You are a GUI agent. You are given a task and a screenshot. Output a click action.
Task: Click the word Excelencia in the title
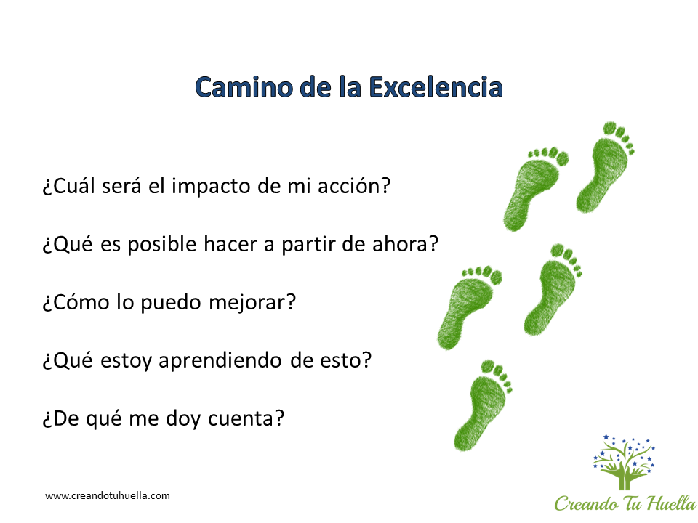click(436, 86)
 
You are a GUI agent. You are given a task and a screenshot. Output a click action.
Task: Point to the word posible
click(162, 245)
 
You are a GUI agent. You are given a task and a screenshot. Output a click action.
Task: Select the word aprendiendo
click(220, 361)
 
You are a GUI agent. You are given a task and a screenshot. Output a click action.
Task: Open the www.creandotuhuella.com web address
click(108, 496)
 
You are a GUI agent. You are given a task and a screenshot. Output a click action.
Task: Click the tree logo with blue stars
click(624, 462)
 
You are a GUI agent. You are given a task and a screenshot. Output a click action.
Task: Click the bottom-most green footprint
click(483, 405)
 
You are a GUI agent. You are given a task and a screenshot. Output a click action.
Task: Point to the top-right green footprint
click(606, 167)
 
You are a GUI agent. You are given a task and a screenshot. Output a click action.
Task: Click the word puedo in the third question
click(171, 303)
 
